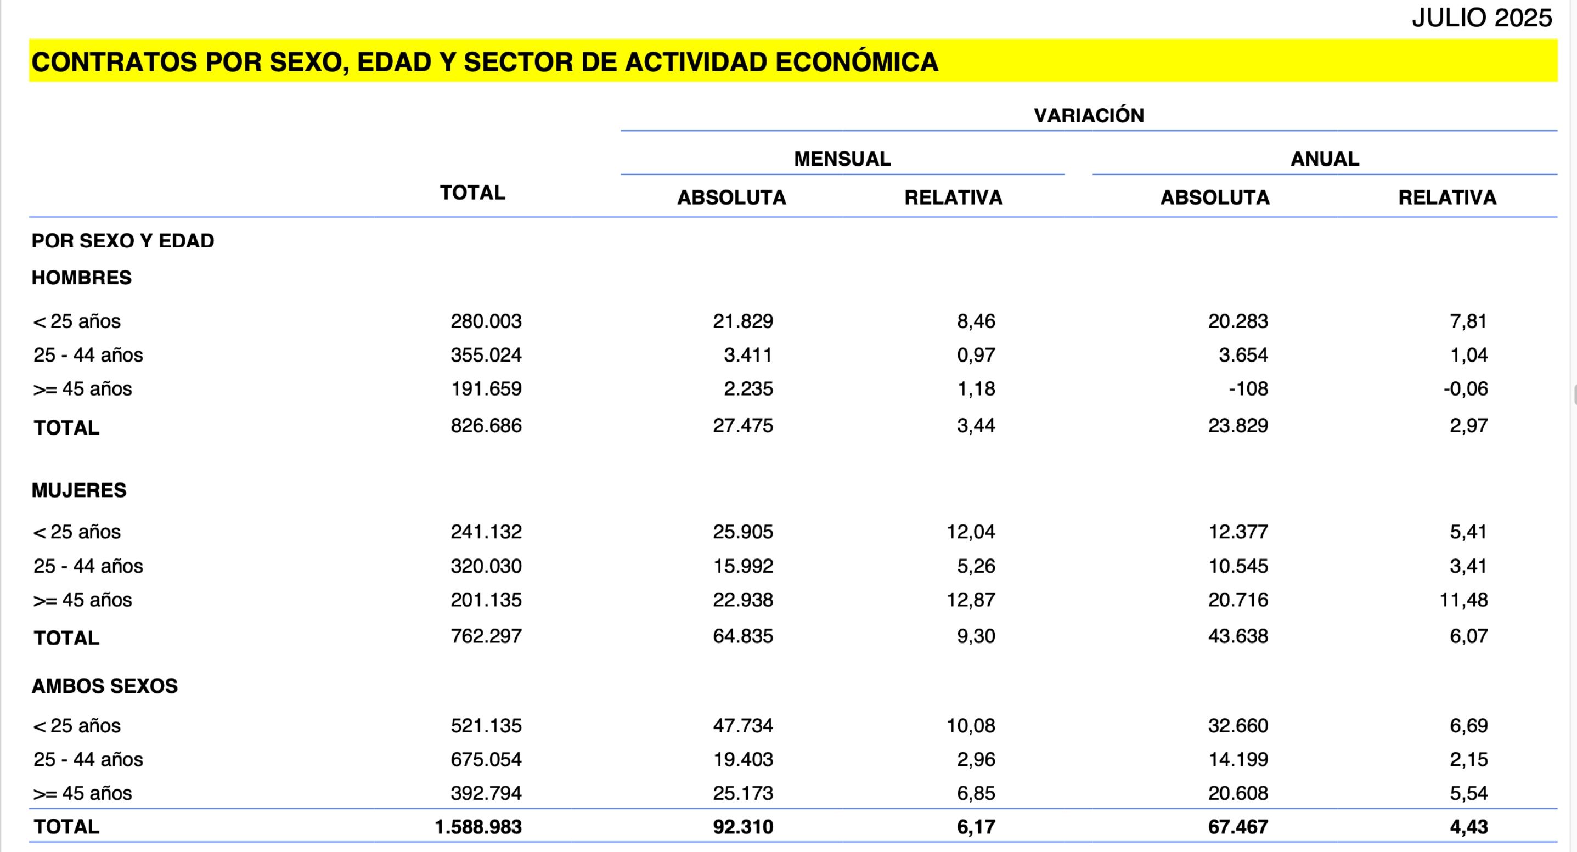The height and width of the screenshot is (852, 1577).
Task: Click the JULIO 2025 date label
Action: [1482, 18]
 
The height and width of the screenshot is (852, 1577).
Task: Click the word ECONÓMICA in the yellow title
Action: [857, 62]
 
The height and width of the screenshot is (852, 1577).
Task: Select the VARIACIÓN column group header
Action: [1089, 115]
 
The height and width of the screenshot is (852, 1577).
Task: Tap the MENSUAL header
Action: [842, 159]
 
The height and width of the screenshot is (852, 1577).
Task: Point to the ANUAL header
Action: [1325, 159]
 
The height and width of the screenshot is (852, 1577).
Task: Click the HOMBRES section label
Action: [81, 277]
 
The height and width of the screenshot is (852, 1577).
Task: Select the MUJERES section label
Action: [79, 490]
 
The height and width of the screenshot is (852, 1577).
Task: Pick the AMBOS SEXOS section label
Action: [105, 686]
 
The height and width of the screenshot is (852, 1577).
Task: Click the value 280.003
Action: [486, 321]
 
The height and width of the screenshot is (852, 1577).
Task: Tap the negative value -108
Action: [1248, 388]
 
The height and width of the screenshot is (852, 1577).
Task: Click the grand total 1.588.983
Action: [478, 827]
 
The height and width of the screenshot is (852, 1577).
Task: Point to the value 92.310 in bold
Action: [742, 827]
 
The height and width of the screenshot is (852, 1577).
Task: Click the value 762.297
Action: [486, 636]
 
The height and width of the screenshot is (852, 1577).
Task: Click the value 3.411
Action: [747, 355]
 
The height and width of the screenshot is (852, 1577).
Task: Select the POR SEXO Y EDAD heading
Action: [122, 240]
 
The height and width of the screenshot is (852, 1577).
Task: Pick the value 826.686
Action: [486, 425]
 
